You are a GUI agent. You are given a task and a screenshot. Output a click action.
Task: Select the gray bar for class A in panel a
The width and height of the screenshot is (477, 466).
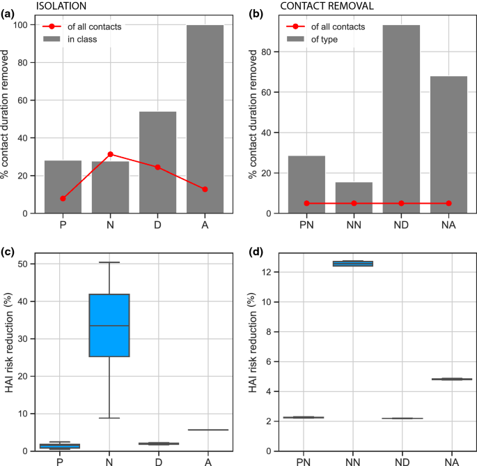pyautogui.click(x=205, y=119)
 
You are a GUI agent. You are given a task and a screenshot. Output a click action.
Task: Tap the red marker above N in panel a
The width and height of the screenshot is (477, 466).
pyautogui.click(x=110, y=154)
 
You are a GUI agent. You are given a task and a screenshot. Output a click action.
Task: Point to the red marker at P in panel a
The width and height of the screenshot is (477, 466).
pyautogui.click(x=63, y=199)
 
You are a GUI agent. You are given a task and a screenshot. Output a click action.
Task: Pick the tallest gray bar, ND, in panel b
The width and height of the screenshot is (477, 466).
pyautogui.click(x=401, y=119)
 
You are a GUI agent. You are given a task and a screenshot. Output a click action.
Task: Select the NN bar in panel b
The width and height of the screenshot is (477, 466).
pyautogui.click(x=354, y=197)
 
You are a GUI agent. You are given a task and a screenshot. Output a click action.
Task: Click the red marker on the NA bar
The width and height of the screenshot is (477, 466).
pyautogui.click(x=448, y=203)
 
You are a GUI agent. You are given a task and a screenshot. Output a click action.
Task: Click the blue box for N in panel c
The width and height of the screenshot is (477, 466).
pyautogui.click(x=110, y=325)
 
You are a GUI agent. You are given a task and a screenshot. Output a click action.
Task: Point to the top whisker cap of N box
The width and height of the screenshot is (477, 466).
pyautogui.click(x=110, y=262)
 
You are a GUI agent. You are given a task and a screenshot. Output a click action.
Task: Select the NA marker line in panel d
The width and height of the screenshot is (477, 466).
pyautogui.click(x=449, y=379)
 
